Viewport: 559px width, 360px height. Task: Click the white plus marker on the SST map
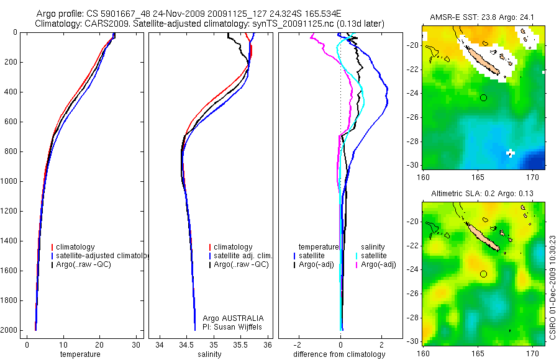tap(511, 153)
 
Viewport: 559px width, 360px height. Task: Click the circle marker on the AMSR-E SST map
tap(483, 97)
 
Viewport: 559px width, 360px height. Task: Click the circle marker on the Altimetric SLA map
tap(483, 274)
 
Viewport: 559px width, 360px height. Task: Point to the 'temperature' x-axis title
tap(80, 354)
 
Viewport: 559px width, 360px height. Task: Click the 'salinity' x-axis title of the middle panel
tap(209, 354)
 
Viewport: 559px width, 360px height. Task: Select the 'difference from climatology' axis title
tap(339, 354)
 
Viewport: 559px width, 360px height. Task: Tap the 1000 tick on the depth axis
tap(10, 181)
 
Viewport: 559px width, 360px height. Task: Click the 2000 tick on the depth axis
tap(10, 330)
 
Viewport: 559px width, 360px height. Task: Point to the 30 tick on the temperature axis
tap(137, 345)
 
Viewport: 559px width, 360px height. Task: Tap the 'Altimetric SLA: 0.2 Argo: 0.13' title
tap(484, 194)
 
